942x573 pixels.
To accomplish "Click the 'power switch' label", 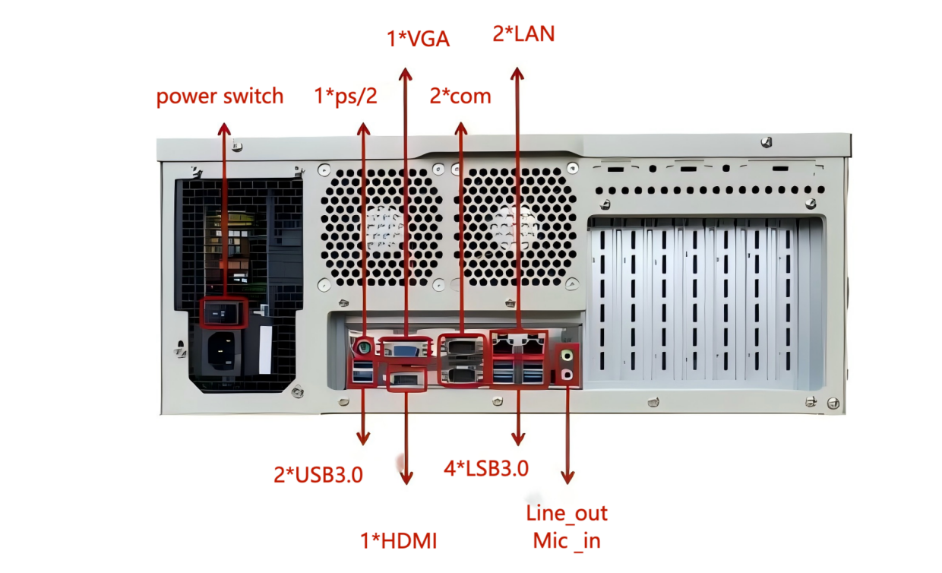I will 220,97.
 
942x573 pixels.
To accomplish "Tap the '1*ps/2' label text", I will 346,97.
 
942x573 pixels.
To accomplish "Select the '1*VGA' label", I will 419,39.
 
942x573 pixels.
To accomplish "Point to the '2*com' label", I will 460,97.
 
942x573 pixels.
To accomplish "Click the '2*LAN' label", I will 523,33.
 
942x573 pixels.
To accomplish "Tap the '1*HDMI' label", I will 399,541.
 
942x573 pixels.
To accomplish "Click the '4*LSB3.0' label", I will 486,468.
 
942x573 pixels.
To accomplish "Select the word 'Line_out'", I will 567,513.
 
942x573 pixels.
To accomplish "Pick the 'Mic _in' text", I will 567,541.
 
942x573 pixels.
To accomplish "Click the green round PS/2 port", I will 364,348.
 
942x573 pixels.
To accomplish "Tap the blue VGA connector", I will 403,349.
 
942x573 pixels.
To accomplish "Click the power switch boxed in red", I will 223,312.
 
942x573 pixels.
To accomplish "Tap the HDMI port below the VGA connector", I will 406,379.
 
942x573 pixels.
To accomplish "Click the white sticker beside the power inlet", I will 265,351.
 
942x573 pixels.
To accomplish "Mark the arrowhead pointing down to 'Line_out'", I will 567,476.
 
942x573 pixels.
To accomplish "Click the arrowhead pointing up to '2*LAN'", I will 517,74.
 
